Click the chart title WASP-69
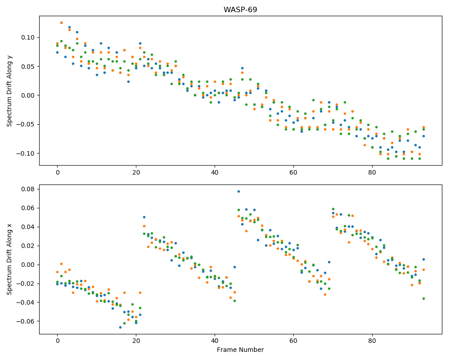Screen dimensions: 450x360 coord(240,9)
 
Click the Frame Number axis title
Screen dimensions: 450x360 coord(240,350)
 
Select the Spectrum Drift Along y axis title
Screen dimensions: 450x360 coord(9,91)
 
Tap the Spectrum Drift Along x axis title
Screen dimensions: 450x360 coord(9,259)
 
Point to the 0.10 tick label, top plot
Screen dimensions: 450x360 coord(28,38)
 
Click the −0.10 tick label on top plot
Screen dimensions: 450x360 coord(26,153)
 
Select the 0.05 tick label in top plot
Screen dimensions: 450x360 coord(28,67)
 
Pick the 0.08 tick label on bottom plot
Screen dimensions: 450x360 coord(28,189)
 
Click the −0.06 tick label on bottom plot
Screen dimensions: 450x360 coord(26,321)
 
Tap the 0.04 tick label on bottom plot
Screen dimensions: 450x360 coord(28,227)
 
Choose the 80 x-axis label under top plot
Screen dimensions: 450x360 coord(372,172)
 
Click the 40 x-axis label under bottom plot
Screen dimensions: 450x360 coord(215,341)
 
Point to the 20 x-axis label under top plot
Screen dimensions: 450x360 coord(136,172)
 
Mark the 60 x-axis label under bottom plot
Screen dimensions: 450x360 coord(293,341)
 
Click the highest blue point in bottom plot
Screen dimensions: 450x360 coord(238,192)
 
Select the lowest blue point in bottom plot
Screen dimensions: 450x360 coord(120,327)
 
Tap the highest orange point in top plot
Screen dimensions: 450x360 coord(61,22)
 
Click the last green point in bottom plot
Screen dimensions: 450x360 coord(423,298)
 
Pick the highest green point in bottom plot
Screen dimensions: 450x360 coord(333,209)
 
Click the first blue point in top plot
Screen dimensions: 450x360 coord(58,52)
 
